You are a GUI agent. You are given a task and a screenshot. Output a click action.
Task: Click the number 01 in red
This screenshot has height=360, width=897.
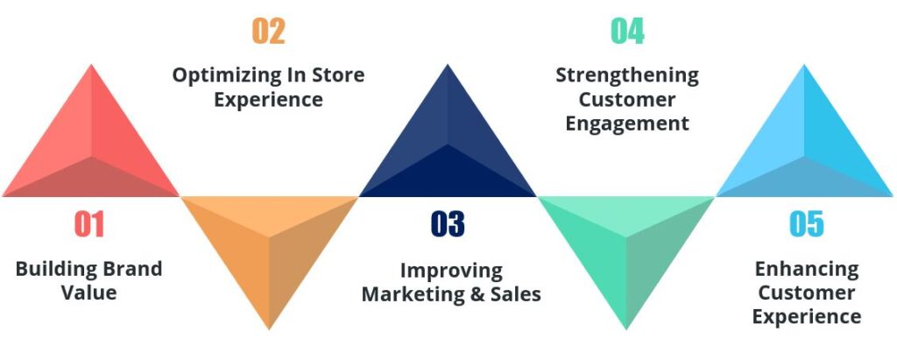coord(89,225)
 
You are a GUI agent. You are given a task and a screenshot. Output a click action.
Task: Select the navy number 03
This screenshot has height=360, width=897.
coord(448,225)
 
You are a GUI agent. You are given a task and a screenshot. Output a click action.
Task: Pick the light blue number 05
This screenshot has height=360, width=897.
coord(807,225)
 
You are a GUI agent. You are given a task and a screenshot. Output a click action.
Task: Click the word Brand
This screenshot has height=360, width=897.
coord(126,269)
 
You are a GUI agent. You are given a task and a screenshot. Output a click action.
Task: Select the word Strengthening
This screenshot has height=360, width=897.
coord(627,75)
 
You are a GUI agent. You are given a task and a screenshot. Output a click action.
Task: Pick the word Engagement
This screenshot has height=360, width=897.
coord(627,124)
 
